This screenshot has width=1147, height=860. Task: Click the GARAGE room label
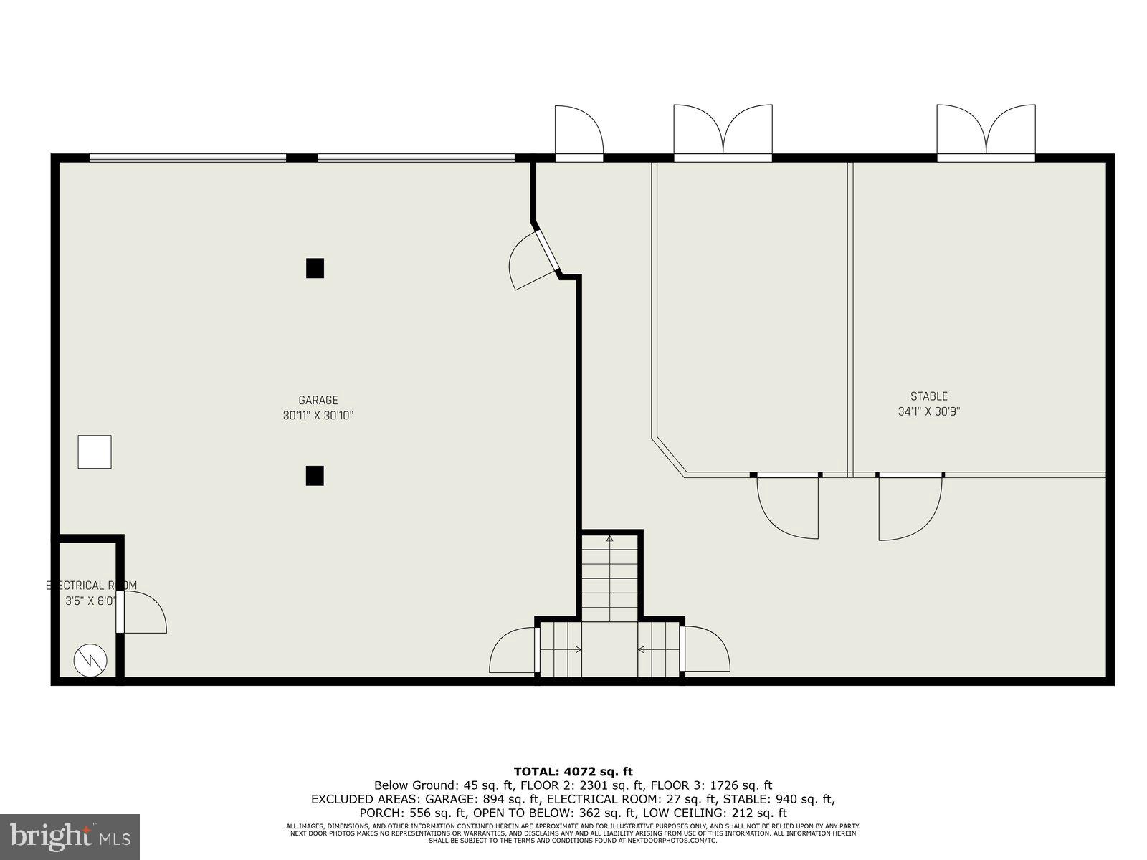pyautogui.click(x=318, y=401)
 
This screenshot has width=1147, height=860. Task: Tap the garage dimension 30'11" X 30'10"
pyautogui.click(x=318, y=416)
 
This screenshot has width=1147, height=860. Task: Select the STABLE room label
pyautogui.click(x=928, y=396)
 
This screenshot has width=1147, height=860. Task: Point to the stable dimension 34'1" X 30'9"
pyautogui.click(x=928, y=412)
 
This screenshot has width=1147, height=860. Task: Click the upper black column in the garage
pyautogui.click(x=315, y=268)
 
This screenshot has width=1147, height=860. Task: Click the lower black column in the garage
pyautogui.click(x=315, y=476)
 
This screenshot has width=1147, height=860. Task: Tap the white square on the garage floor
pyautogui.click(x=95, y=451)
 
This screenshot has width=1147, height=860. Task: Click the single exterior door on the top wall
pyautogui.click(x=579, y=133)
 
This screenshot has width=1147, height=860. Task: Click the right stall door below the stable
pyautogui.click(x=909, y=507)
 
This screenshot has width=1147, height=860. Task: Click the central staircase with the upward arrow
pyautogui.click(x=609, y=577)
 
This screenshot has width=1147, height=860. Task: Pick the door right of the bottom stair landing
pyautogui.click(x=707, y=650)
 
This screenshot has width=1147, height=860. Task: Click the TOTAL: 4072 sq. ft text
pyautogui.click(x=573, y=772)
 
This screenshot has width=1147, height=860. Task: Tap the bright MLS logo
pyautogui.click(x=70, y=835)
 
